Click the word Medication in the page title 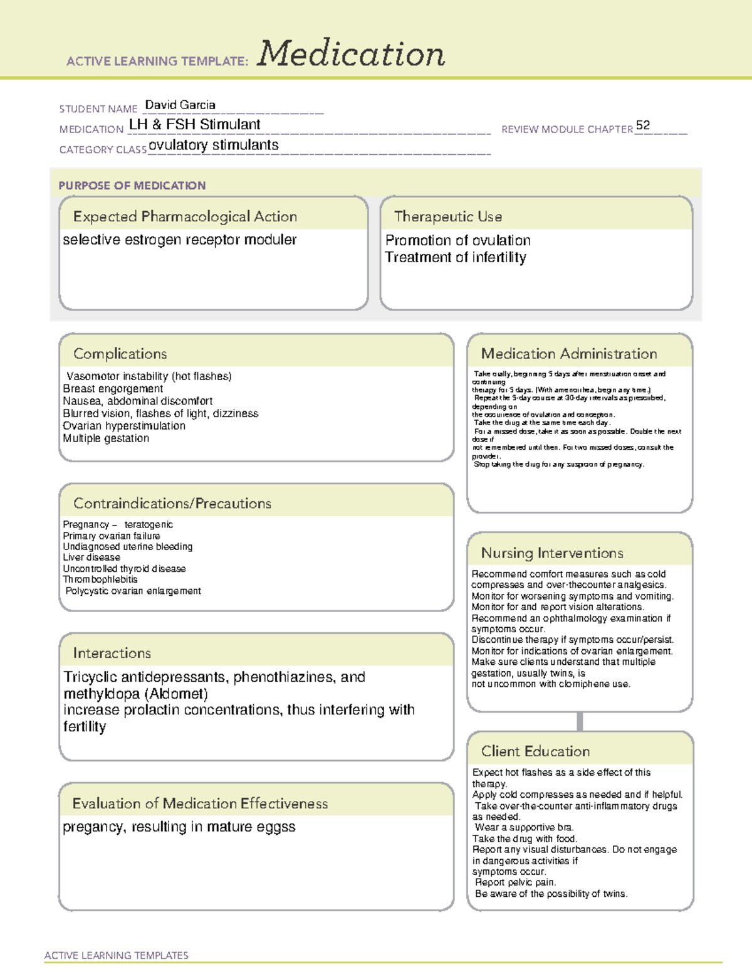[x=351, y=54]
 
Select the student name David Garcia [x=180, y=105]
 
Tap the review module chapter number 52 [x=642, y=125]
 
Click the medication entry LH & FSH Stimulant [x=194, y=125]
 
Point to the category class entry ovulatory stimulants [x=214, y=145]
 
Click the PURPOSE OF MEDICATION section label [x=132, y=186]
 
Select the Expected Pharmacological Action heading [x=185, y=216]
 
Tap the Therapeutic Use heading [x=448, y=216]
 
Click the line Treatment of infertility [x=456, y=257]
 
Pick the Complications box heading [x=120, y=354]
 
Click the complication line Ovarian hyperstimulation [x=124, y=426]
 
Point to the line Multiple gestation [x=106, y=438]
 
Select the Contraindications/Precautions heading [x=172, y=503]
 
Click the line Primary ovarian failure [x=112, y=536]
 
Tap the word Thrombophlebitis [x=100, y=580]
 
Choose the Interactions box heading [x=112, y=653]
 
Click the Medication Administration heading [x=569, y=354]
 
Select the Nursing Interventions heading [x=552, y=553]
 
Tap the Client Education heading [x=536, y=751]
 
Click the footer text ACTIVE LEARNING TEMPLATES [x=117, y=955]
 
